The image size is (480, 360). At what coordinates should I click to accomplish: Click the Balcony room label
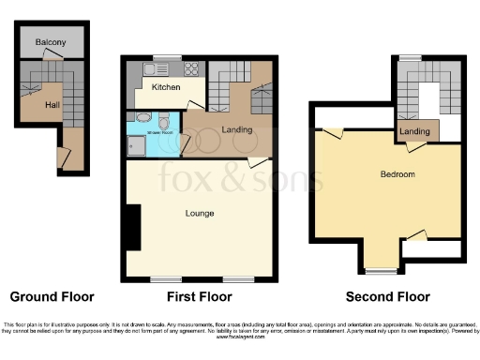point(50,43)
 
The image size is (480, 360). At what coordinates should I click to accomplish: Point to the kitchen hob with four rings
point(191,68)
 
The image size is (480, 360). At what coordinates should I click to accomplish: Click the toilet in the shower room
point(164,122)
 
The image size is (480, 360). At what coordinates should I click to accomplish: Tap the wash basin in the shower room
point(141,118)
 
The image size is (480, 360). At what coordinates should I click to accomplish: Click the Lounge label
point(200,214)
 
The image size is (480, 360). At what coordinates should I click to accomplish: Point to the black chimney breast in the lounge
point(132,227)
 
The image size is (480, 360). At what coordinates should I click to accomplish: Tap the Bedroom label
point(397,174)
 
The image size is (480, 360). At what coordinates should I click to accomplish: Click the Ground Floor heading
point(52,297)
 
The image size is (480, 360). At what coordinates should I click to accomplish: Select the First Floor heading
point(200,297)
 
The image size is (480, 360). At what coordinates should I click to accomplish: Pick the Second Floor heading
point(387,297)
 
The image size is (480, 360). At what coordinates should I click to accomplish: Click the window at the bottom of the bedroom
point(380,272)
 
